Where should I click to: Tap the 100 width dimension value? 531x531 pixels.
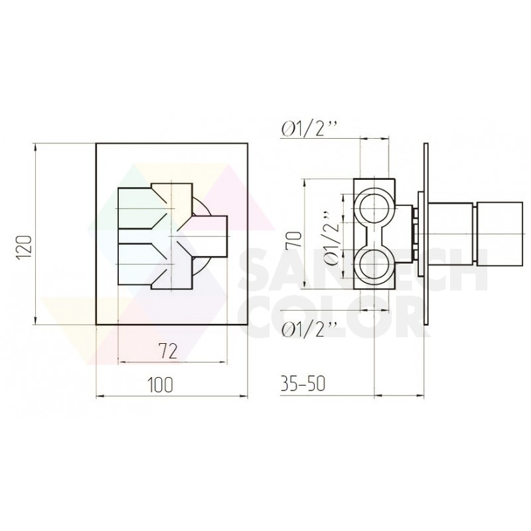[160, 384]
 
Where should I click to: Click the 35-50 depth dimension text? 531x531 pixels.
[303, 384]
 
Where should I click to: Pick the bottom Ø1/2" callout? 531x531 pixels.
[309, 329]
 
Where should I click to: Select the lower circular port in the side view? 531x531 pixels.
[374, 264]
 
